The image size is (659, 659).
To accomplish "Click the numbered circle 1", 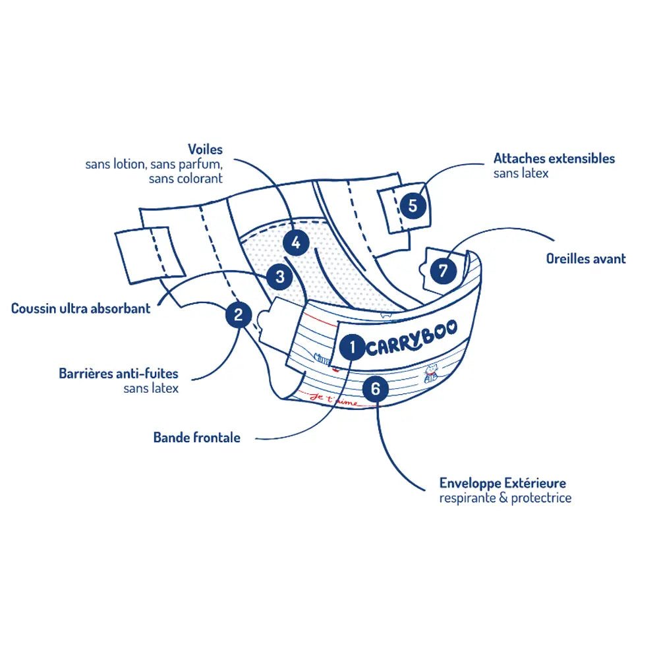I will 353,347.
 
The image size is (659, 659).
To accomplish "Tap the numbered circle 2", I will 239,314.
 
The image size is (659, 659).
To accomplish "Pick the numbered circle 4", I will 296,243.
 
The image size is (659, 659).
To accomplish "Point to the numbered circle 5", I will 413,205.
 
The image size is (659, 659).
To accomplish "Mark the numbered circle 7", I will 443,270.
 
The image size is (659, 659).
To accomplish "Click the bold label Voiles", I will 205,150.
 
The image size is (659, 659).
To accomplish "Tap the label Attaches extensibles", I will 554,159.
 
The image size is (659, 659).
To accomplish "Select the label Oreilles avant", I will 586,259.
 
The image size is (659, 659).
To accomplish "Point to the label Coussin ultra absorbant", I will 81,308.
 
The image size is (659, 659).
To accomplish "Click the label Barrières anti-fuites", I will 119,374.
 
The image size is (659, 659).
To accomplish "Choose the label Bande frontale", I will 197,437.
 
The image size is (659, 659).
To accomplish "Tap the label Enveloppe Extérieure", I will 503,484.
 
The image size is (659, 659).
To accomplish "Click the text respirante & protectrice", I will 505,498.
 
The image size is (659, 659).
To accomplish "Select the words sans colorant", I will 186,178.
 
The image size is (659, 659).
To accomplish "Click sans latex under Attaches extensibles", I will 521,173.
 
